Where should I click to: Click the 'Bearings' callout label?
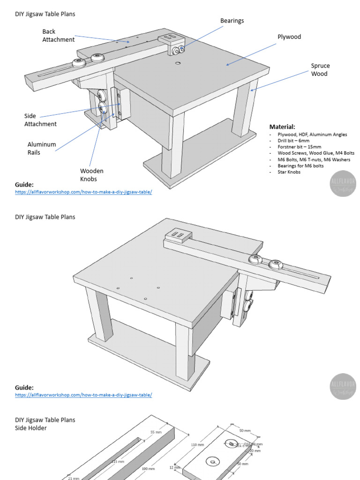click(232, 21)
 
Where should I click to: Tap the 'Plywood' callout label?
click(289, 37)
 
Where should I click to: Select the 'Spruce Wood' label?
click(320, 70)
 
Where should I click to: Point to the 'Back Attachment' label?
click(58, 36)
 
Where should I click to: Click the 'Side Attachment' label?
click(40, 120)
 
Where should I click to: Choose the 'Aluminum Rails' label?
click(42, 149)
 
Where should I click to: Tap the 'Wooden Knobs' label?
click(91, 175)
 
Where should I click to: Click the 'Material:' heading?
click(282, 127)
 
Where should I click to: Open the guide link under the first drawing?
click(83, 192)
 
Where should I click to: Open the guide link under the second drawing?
click(83, 395)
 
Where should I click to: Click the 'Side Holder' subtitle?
click(31, 428)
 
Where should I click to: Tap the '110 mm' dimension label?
click(197, 445)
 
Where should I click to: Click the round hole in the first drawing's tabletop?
click(178, 62)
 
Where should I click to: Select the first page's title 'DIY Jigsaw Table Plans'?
click(45, 14)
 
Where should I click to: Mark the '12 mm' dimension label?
click(175, 467)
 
